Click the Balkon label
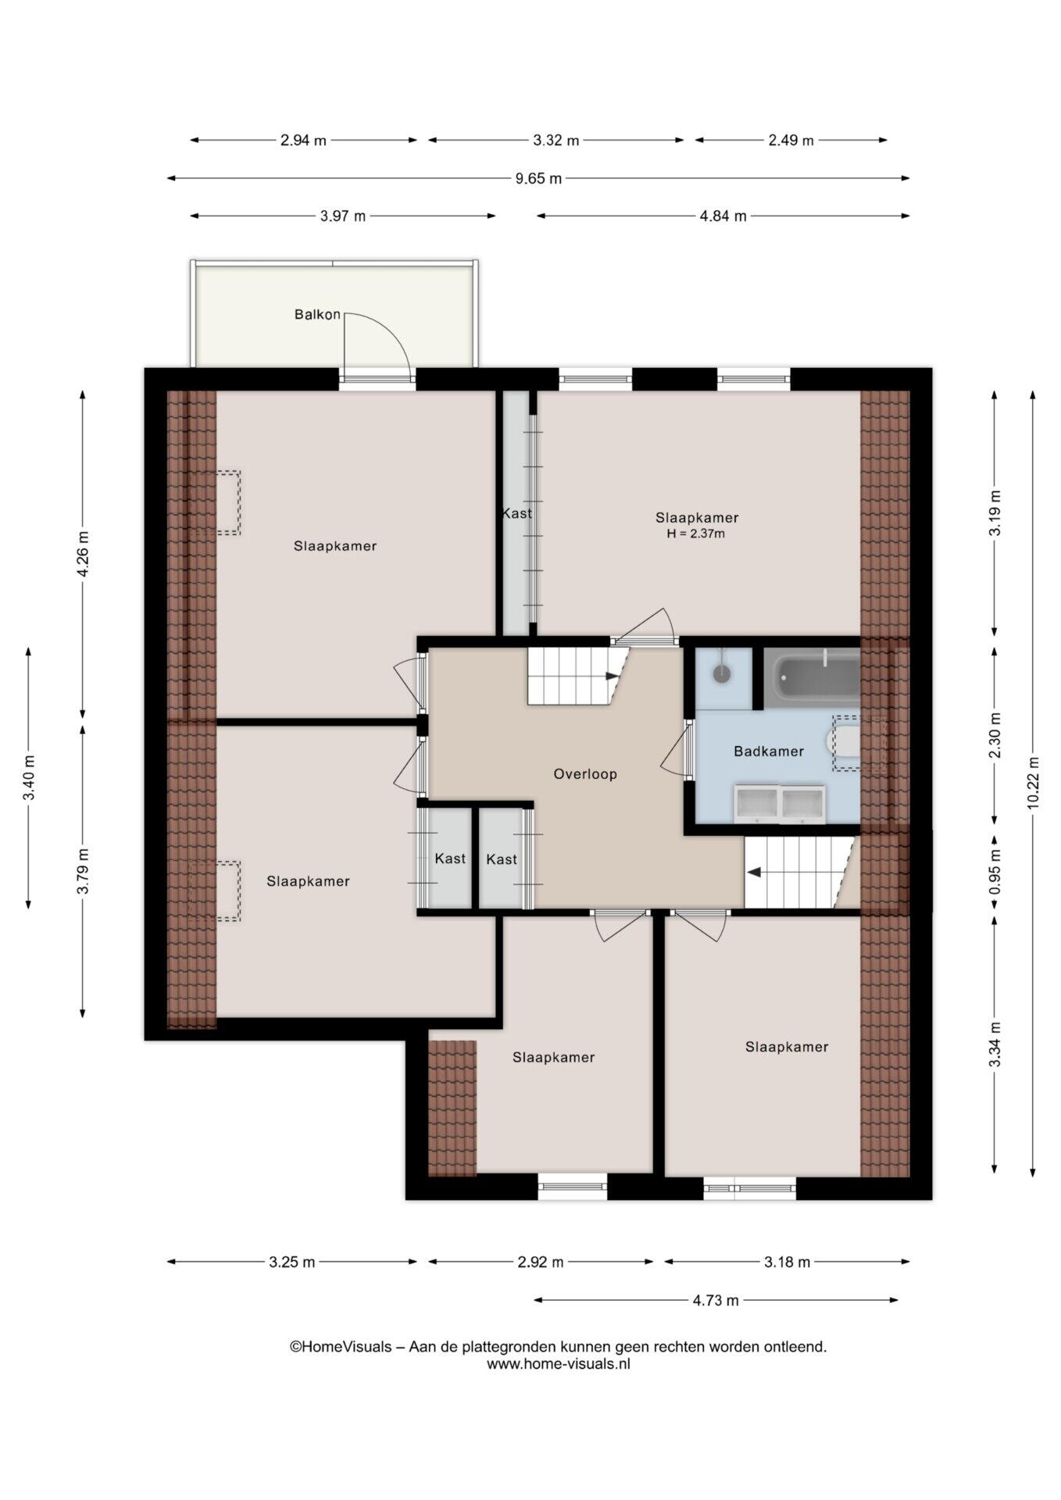[x=317, y=315]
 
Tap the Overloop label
[x=585, y=774]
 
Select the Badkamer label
[x=769, y=752]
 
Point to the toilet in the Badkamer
[x=844, y=743]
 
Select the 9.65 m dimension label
[x=538, y=178]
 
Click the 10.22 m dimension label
[x=1033, y=783]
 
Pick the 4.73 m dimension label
[x=716, y=1301]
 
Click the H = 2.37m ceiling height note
[x=695, y=534]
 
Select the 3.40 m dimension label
[x=29, y=778]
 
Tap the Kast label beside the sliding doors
[x=516, y=513]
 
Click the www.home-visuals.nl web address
[x=559, y=1364]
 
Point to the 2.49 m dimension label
[x=791, y=141]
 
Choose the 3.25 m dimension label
[x=292, y=1262]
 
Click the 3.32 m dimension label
[x=556, y=141]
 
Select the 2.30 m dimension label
[x=995, y=735]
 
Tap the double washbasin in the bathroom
[x=779, y=805]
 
